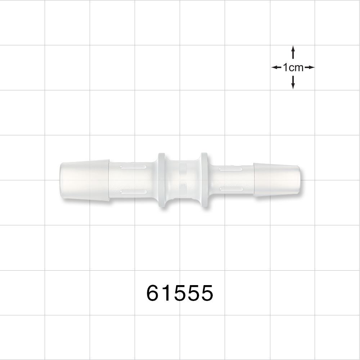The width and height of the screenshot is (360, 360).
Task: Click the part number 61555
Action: tap(180, 293)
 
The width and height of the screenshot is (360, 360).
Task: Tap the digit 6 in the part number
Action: tap(153, 293)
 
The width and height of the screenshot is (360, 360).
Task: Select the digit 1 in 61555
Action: tap(166, 293)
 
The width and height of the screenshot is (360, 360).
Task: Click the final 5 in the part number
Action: tap(206, 293)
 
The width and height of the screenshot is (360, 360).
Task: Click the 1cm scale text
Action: tap(293, 67)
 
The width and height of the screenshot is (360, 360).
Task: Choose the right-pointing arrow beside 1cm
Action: tap(310, 67)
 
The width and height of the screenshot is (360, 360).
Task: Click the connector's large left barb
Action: tap(85, 180)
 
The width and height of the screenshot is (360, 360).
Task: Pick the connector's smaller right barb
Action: tap(275, 180)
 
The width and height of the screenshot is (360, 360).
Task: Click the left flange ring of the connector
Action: tap(161, 180)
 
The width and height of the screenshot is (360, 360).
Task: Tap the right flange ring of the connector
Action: tap(204, 180)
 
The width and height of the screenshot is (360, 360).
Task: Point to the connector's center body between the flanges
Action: tap(183, 180)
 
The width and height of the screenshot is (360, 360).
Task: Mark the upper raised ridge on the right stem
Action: tap(230, 168)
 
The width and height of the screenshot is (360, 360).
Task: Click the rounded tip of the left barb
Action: tap(62, 180)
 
